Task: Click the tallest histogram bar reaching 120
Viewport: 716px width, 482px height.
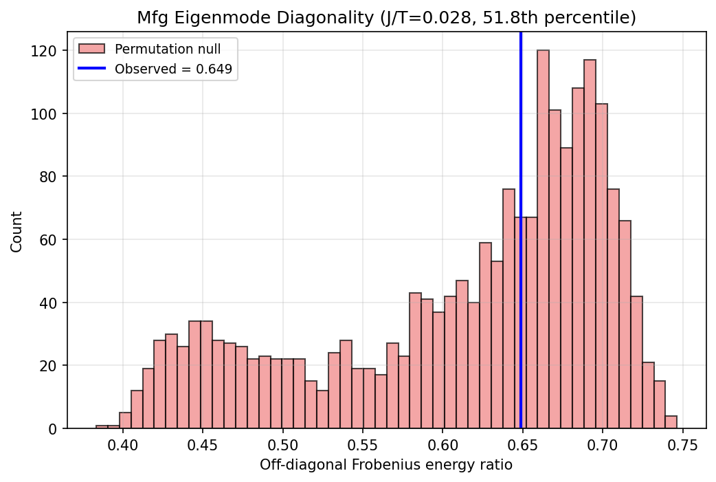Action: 543,241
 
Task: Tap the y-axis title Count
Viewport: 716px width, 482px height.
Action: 16,231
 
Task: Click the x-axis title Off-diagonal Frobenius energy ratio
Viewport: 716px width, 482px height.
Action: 386,465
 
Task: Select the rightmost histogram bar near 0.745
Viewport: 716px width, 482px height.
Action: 671,422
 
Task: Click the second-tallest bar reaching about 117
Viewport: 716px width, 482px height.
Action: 590,248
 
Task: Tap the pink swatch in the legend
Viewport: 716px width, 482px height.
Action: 92,49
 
